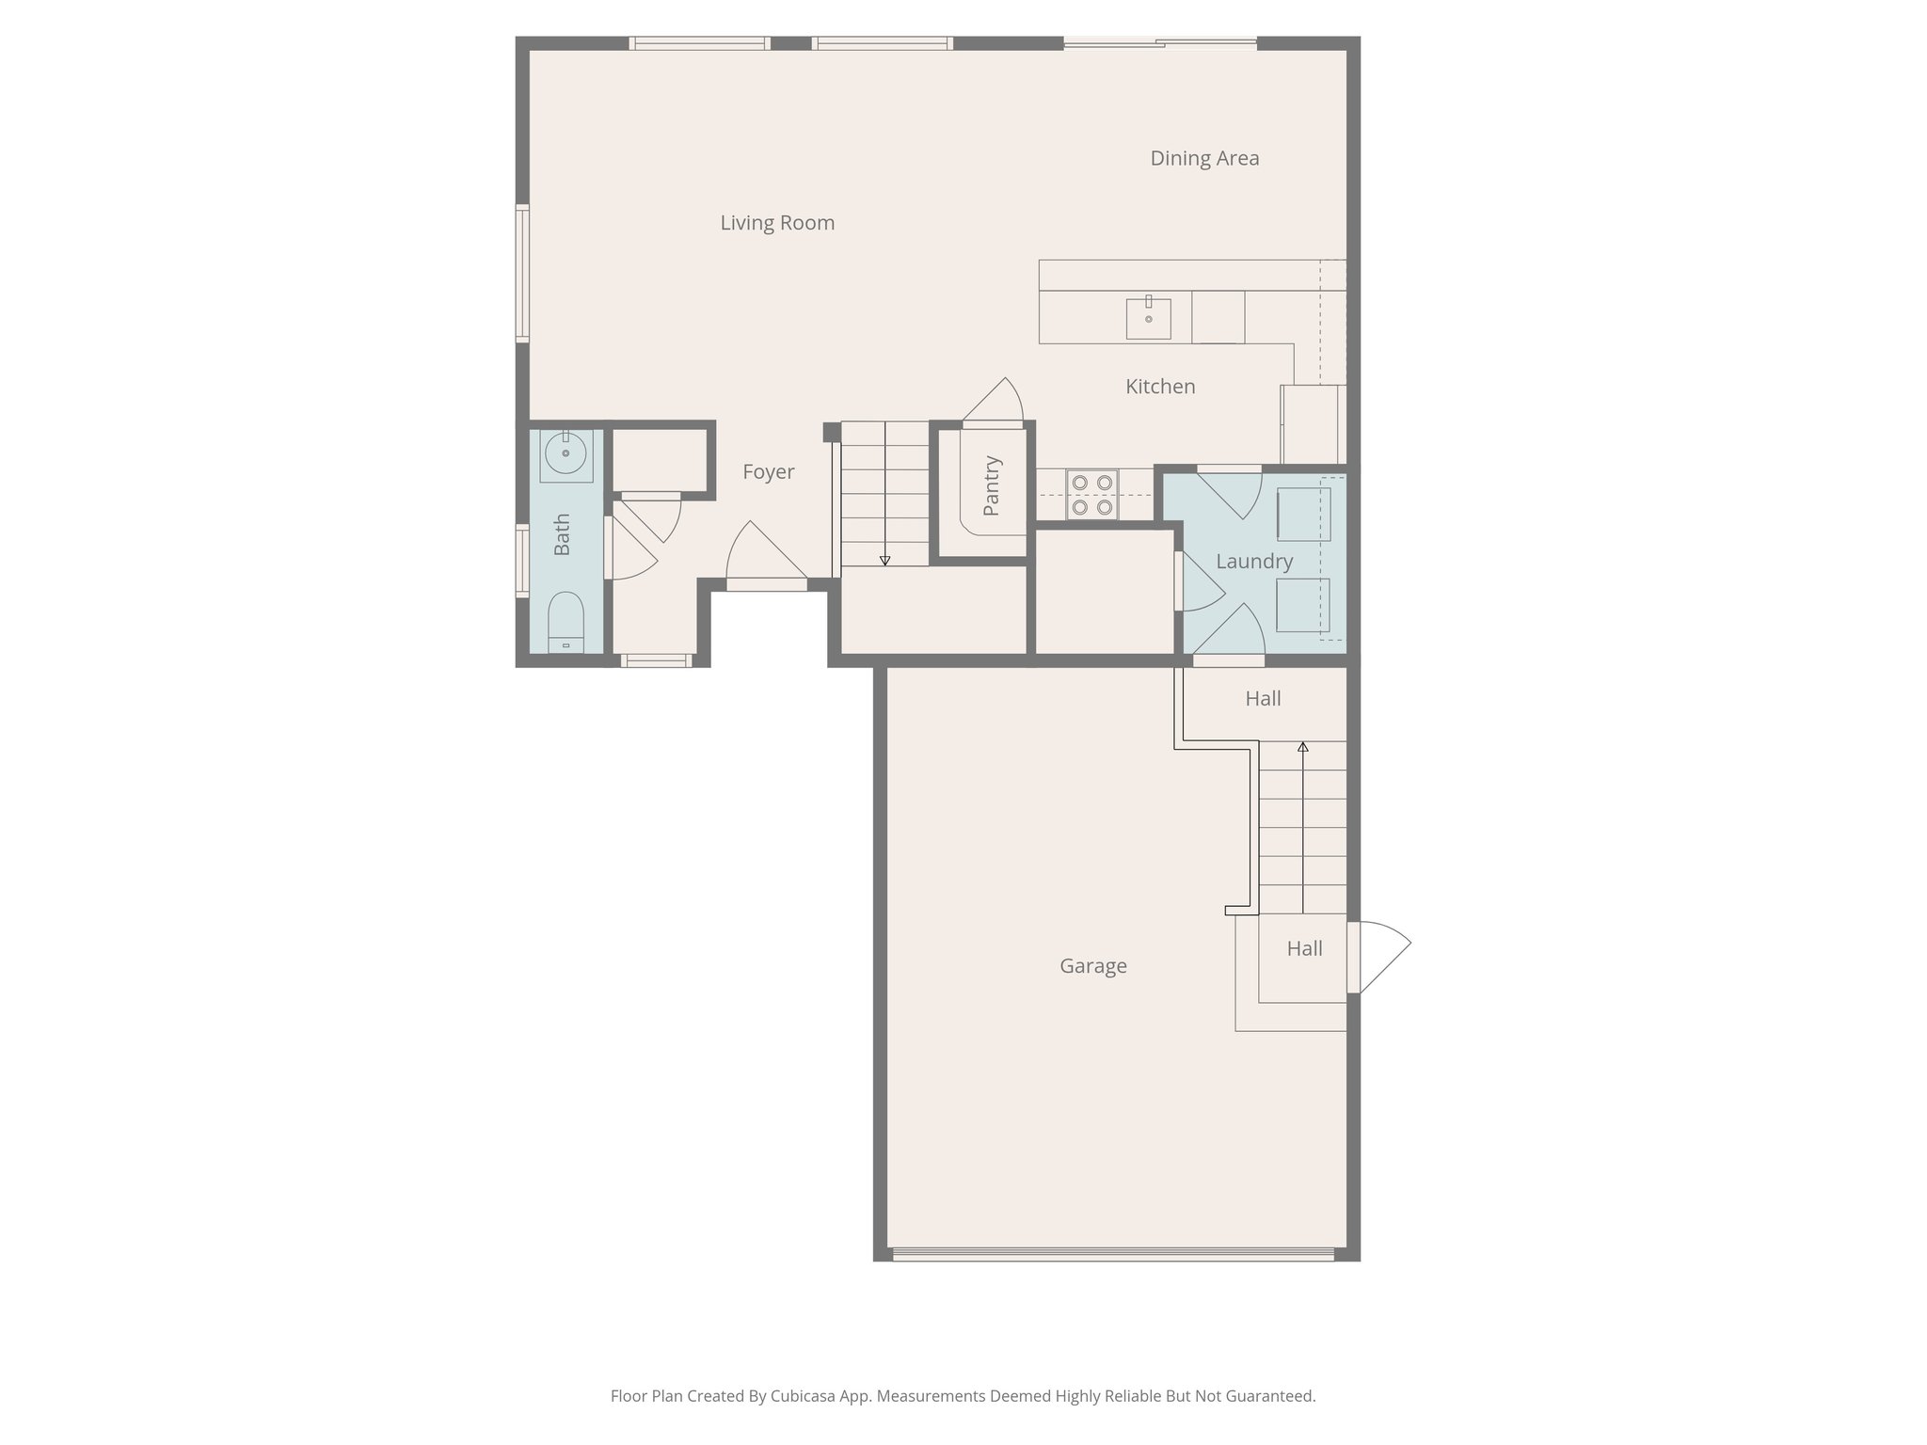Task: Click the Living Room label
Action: (x=777, y=223)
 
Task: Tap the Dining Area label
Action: (x=1204, y=158)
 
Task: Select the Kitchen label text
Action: (x=1160, y=387)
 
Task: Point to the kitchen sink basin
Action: (x=1149, y=319)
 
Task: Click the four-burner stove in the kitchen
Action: (x=1092, y=495)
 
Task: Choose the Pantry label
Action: (x=991, y=486)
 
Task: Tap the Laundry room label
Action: (x=1254, y=562)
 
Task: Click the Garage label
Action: (x=1092, y=966)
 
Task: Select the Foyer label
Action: (x=768, y=472)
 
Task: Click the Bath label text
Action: (x=562, y=534)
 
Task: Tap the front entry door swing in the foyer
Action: (x=764, y=555)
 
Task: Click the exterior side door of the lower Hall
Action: (x=1378, y=957)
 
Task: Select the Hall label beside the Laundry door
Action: (x=1263, y=699)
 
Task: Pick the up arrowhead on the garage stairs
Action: (x=1303, y=747)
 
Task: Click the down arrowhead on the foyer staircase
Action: (x=884, y=561)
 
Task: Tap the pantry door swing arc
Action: (x=997, y=400)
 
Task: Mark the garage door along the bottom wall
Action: (x=1113, y=1254)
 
